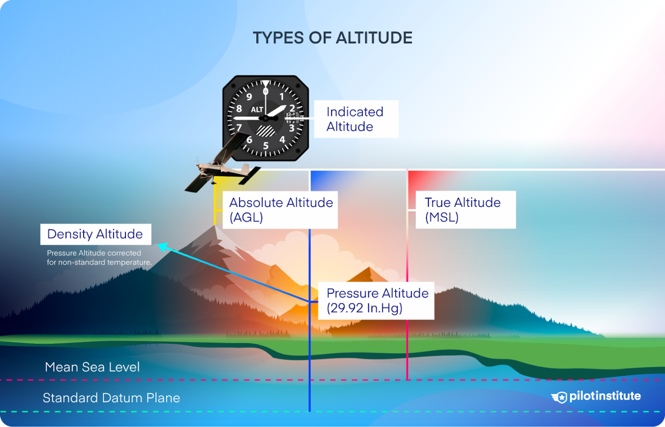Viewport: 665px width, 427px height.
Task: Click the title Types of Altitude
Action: [332, 38]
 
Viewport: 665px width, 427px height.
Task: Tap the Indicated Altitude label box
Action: [355, 119]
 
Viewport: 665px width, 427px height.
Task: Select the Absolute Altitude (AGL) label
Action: [280, 210]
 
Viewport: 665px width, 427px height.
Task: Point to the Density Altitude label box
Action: [96, 234]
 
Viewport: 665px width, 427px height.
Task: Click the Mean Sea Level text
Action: [92, 367]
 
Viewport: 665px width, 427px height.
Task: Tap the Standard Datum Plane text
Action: [111, 398]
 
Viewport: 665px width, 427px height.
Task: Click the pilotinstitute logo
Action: [596, 396]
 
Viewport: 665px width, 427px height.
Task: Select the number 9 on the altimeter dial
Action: [249, 97]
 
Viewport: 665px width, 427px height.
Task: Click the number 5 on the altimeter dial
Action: [266, 146]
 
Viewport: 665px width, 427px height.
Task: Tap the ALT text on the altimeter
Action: [257, 110]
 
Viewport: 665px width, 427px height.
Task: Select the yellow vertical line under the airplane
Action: [215, 204]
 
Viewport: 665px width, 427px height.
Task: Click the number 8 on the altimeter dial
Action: [239, 109]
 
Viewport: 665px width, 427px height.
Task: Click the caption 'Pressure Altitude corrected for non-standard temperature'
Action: [99, 258]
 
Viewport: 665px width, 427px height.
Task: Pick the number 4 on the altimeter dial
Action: [282, 140]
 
